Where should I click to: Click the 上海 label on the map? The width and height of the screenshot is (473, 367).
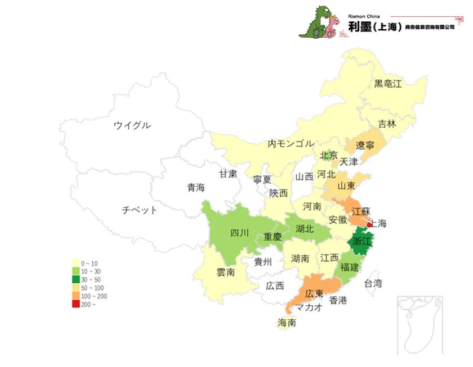379,223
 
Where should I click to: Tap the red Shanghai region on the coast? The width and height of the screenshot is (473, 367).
369,224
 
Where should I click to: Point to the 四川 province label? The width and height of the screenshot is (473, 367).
239,233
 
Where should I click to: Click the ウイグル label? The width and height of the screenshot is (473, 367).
132,125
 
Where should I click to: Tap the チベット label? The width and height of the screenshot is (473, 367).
140,210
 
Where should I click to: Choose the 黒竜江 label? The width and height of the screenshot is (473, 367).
388,84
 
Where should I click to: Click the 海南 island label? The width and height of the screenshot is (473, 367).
287,323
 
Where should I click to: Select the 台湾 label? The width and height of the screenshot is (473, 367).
373,283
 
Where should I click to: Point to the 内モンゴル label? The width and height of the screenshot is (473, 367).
291,143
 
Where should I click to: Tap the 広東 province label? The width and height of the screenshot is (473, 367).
314,293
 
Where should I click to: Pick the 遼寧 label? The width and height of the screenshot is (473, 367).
365,146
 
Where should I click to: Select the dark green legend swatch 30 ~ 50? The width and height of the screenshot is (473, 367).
75,279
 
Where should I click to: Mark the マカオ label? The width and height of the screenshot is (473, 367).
309,307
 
